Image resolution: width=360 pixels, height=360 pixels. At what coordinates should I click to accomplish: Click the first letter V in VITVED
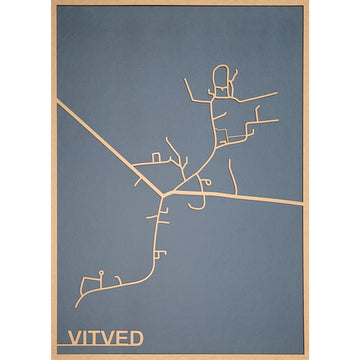[74, 336]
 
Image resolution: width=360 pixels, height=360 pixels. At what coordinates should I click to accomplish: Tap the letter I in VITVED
[86, 336]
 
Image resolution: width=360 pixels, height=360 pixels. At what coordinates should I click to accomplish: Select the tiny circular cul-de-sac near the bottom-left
[101, 272]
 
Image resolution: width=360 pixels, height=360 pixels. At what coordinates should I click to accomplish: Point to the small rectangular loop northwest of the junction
[154, 159]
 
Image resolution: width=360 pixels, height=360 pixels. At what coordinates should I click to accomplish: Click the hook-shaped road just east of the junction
[204, 182]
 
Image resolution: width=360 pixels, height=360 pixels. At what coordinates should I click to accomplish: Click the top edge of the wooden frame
[180, 4]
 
